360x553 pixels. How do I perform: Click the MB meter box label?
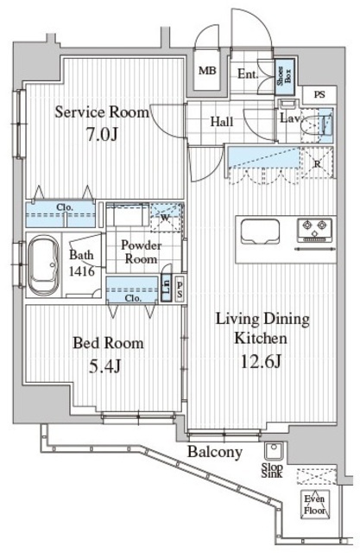207,71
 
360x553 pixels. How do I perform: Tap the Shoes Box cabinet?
284,76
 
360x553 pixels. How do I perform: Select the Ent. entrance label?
248,74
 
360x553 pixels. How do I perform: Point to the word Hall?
222,122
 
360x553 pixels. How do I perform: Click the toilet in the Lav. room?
313,124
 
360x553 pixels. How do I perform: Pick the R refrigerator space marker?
318,163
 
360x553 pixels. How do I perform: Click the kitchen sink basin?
261,231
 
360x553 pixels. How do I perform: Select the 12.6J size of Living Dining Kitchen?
261,361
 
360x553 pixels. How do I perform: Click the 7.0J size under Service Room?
102,134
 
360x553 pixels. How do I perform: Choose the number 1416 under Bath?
81,270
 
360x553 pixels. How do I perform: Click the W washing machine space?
166,218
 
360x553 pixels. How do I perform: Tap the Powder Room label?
141,251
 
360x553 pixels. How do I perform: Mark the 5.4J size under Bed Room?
104,366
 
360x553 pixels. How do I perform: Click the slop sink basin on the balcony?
273,451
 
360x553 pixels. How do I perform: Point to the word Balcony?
215,452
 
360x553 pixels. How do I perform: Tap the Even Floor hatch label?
314,505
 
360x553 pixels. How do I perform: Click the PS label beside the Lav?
319,94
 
